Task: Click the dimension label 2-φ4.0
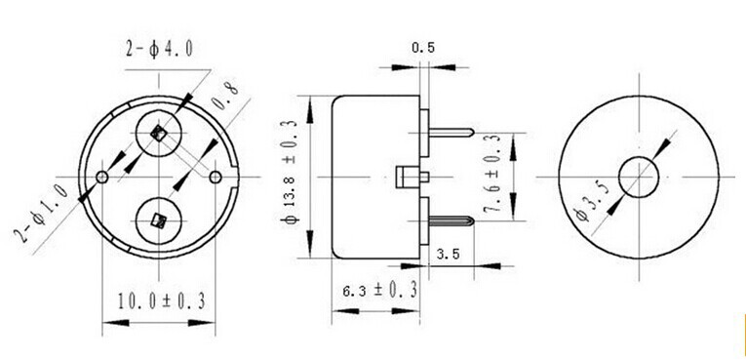coord(159,49)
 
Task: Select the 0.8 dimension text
coord(224,96)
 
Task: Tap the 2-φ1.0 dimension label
coord(44,214)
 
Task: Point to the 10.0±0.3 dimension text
coord(162,300)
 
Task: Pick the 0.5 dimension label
coord(423,48)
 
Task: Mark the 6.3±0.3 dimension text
coord(379,290)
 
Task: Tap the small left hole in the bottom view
coord(102,178)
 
